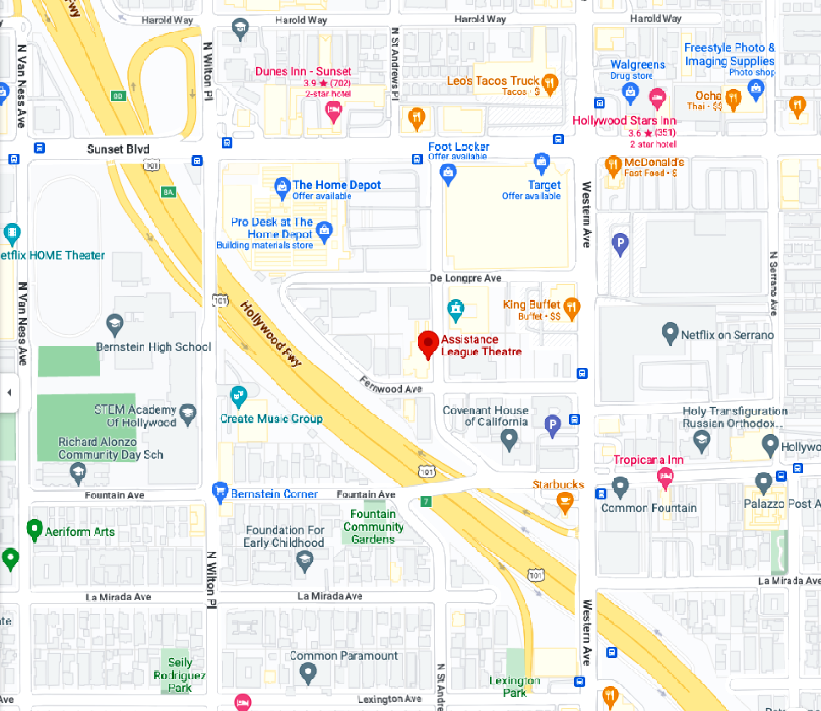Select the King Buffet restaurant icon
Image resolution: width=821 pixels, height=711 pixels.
571,308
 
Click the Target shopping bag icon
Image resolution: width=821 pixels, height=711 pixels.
541,163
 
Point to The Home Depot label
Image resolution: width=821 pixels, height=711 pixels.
337,185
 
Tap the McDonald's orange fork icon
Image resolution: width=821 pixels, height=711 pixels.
613,165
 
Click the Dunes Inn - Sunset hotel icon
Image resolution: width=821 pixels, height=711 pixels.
333,112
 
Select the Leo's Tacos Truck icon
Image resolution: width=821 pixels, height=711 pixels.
550,84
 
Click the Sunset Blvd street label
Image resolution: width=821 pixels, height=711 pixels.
118,149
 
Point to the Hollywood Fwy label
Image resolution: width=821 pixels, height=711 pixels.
271,334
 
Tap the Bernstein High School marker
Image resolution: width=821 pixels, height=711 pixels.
114,325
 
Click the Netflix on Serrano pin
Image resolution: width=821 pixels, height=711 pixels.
670,333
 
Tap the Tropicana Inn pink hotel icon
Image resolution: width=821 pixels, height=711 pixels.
665,478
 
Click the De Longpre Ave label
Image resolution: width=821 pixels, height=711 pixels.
465,278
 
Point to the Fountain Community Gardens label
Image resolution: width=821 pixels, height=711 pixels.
373,527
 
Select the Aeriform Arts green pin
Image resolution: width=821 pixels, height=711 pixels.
34,529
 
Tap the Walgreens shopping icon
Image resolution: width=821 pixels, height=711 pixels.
631,93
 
